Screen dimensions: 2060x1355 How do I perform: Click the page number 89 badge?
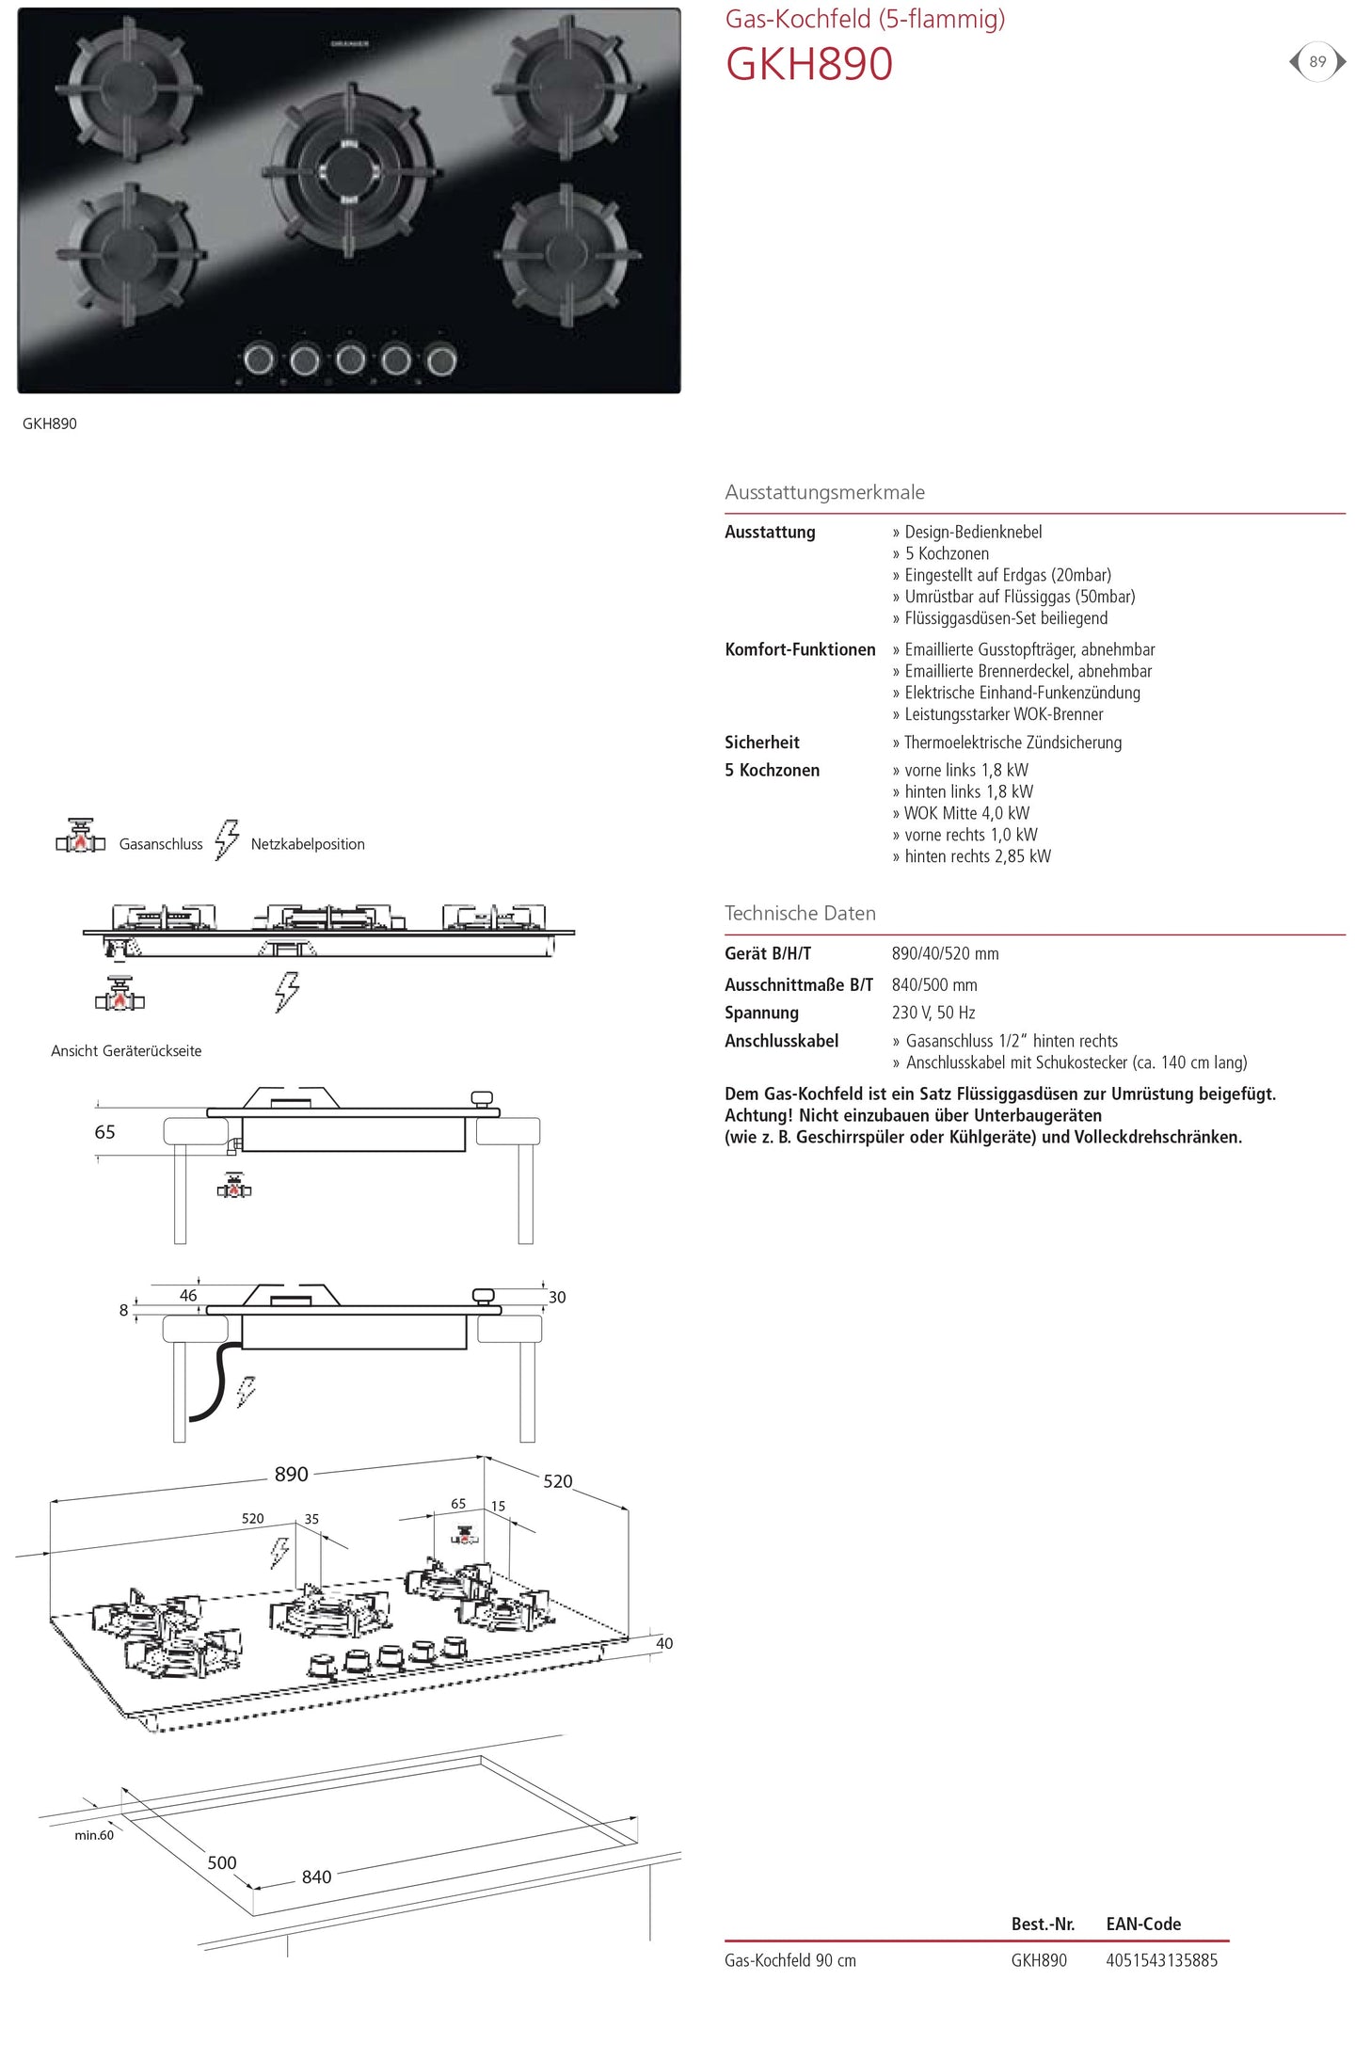tap(1316, 62)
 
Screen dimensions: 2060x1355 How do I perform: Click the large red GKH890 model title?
tap(808, 65)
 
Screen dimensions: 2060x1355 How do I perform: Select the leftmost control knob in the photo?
tap(259, 359)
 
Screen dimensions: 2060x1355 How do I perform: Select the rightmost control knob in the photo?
tap(441, 359)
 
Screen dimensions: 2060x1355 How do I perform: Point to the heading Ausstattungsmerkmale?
tap(824, 492)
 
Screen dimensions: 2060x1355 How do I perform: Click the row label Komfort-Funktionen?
tap(800, 649)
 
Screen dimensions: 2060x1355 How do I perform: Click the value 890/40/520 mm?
tap(945, 953)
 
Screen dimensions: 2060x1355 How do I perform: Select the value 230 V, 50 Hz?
tap(933, 1013)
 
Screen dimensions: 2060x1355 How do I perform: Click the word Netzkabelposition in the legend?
tap(308, 844)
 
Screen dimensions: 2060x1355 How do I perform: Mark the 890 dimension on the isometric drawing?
tap(292, 1474)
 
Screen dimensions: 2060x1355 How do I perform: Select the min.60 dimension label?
tap(94, 1834)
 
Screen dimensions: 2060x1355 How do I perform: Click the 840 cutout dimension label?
tap(316, 1876)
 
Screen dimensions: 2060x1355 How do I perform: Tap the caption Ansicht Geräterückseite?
tap(126, 1051)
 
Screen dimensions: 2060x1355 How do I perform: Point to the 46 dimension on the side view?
tap(188, 1295)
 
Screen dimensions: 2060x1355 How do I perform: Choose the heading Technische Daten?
tap(800, 913)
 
